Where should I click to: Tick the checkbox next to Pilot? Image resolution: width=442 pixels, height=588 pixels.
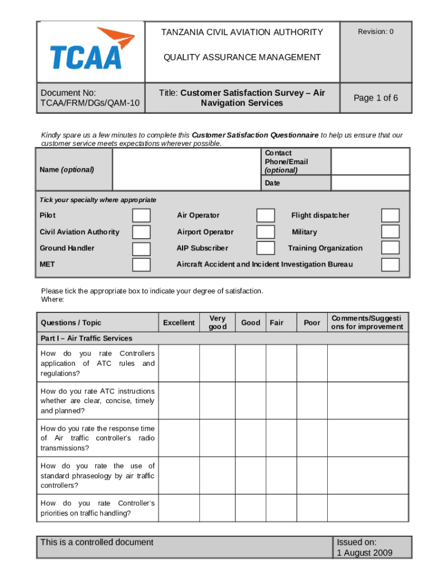[141, 215]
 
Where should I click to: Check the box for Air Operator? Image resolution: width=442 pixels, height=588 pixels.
[265, 215]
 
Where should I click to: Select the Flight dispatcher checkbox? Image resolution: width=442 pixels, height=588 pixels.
[390, 215]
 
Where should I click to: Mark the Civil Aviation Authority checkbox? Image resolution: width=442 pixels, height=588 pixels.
[141, 232]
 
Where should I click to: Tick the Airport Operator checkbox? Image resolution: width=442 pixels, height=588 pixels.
[265, 232]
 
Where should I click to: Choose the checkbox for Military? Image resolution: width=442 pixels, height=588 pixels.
[390, 232]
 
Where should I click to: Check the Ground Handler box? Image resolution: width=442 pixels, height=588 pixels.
[141, 248]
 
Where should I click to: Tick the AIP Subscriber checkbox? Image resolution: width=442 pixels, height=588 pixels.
[265, 248]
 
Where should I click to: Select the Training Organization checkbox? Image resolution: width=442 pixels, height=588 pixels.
[390, 248]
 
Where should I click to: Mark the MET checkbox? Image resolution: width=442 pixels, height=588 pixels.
[141, 265]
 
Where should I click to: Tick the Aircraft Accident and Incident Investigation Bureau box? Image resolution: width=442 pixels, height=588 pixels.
[390, 265]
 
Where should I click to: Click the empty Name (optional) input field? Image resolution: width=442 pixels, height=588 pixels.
[186, 169]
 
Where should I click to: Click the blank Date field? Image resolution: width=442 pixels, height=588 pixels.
[371, 183]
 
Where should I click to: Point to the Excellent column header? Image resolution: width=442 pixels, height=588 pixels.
[179, 323]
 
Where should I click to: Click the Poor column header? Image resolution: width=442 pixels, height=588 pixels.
[312, 323]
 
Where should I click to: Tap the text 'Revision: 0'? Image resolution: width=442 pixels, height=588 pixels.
[376, 32]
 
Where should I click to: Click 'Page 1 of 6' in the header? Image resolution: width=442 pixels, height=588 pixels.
[375, 98]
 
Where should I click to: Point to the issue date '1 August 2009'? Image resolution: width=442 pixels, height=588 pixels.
[365, 553]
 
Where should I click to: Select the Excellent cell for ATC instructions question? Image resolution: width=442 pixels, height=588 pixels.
[179, 401]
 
